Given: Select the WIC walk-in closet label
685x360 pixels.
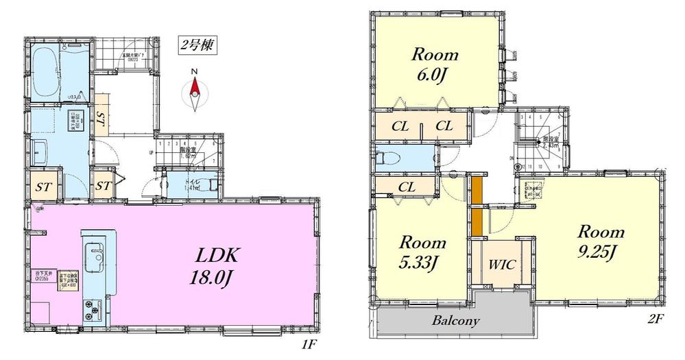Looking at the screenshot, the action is coord(501,264).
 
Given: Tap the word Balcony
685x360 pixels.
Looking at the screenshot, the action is coord(455,320).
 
